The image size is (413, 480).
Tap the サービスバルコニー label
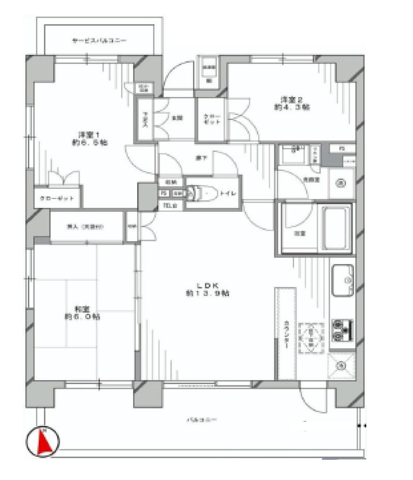pyautogui.click(x=99, y=40)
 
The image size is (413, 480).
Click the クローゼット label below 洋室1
pyautogui.click(x=57, y=199)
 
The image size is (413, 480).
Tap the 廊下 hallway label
pyautogui.click(x=201, y=157)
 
